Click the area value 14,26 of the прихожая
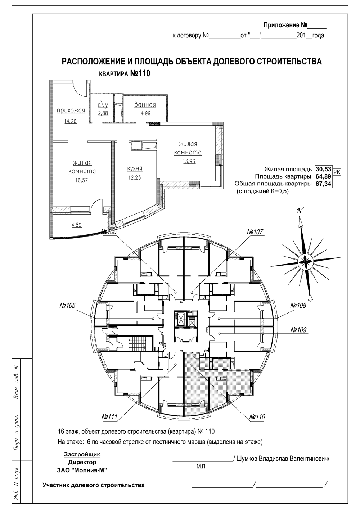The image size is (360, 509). tap(71, 121)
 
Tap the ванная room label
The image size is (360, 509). tap(145, 105)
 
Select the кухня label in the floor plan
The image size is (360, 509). tap(135, 168)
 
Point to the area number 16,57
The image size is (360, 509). tap(82, 180)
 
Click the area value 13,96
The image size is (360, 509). tap(189, 161)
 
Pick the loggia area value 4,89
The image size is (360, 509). tap(77, 225)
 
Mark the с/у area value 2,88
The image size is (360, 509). tap(103, 113)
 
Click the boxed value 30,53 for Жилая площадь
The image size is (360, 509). tap(323, 169)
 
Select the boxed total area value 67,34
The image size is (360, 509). tap(323, 184)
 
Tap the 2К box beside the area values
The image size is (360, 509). tap(337, 172)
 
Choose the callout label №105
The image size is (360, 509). tap(67, 305)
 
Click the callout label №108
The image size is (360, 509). tap(298, 305)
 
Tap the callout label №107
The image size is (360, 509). tap(255, 232)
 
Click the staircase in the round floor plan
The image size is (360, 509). tap(137, 344)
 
